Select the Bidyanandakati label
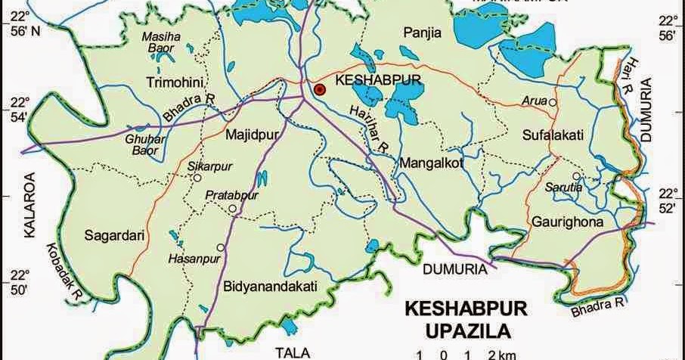[x=268, y=285]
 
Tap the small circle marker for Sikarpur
[x=197, y=178]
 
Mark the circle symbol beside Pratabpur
[x=233, y=209]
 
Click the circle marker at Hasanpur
[x=221, y=247]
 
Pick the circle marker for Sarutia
[x=576, y=176]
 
